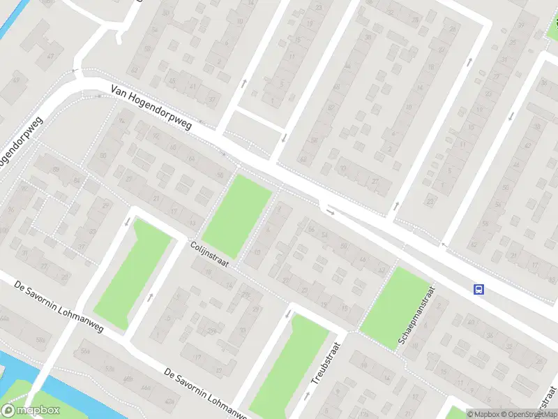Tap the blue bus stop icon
click(x=479, y=289)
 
